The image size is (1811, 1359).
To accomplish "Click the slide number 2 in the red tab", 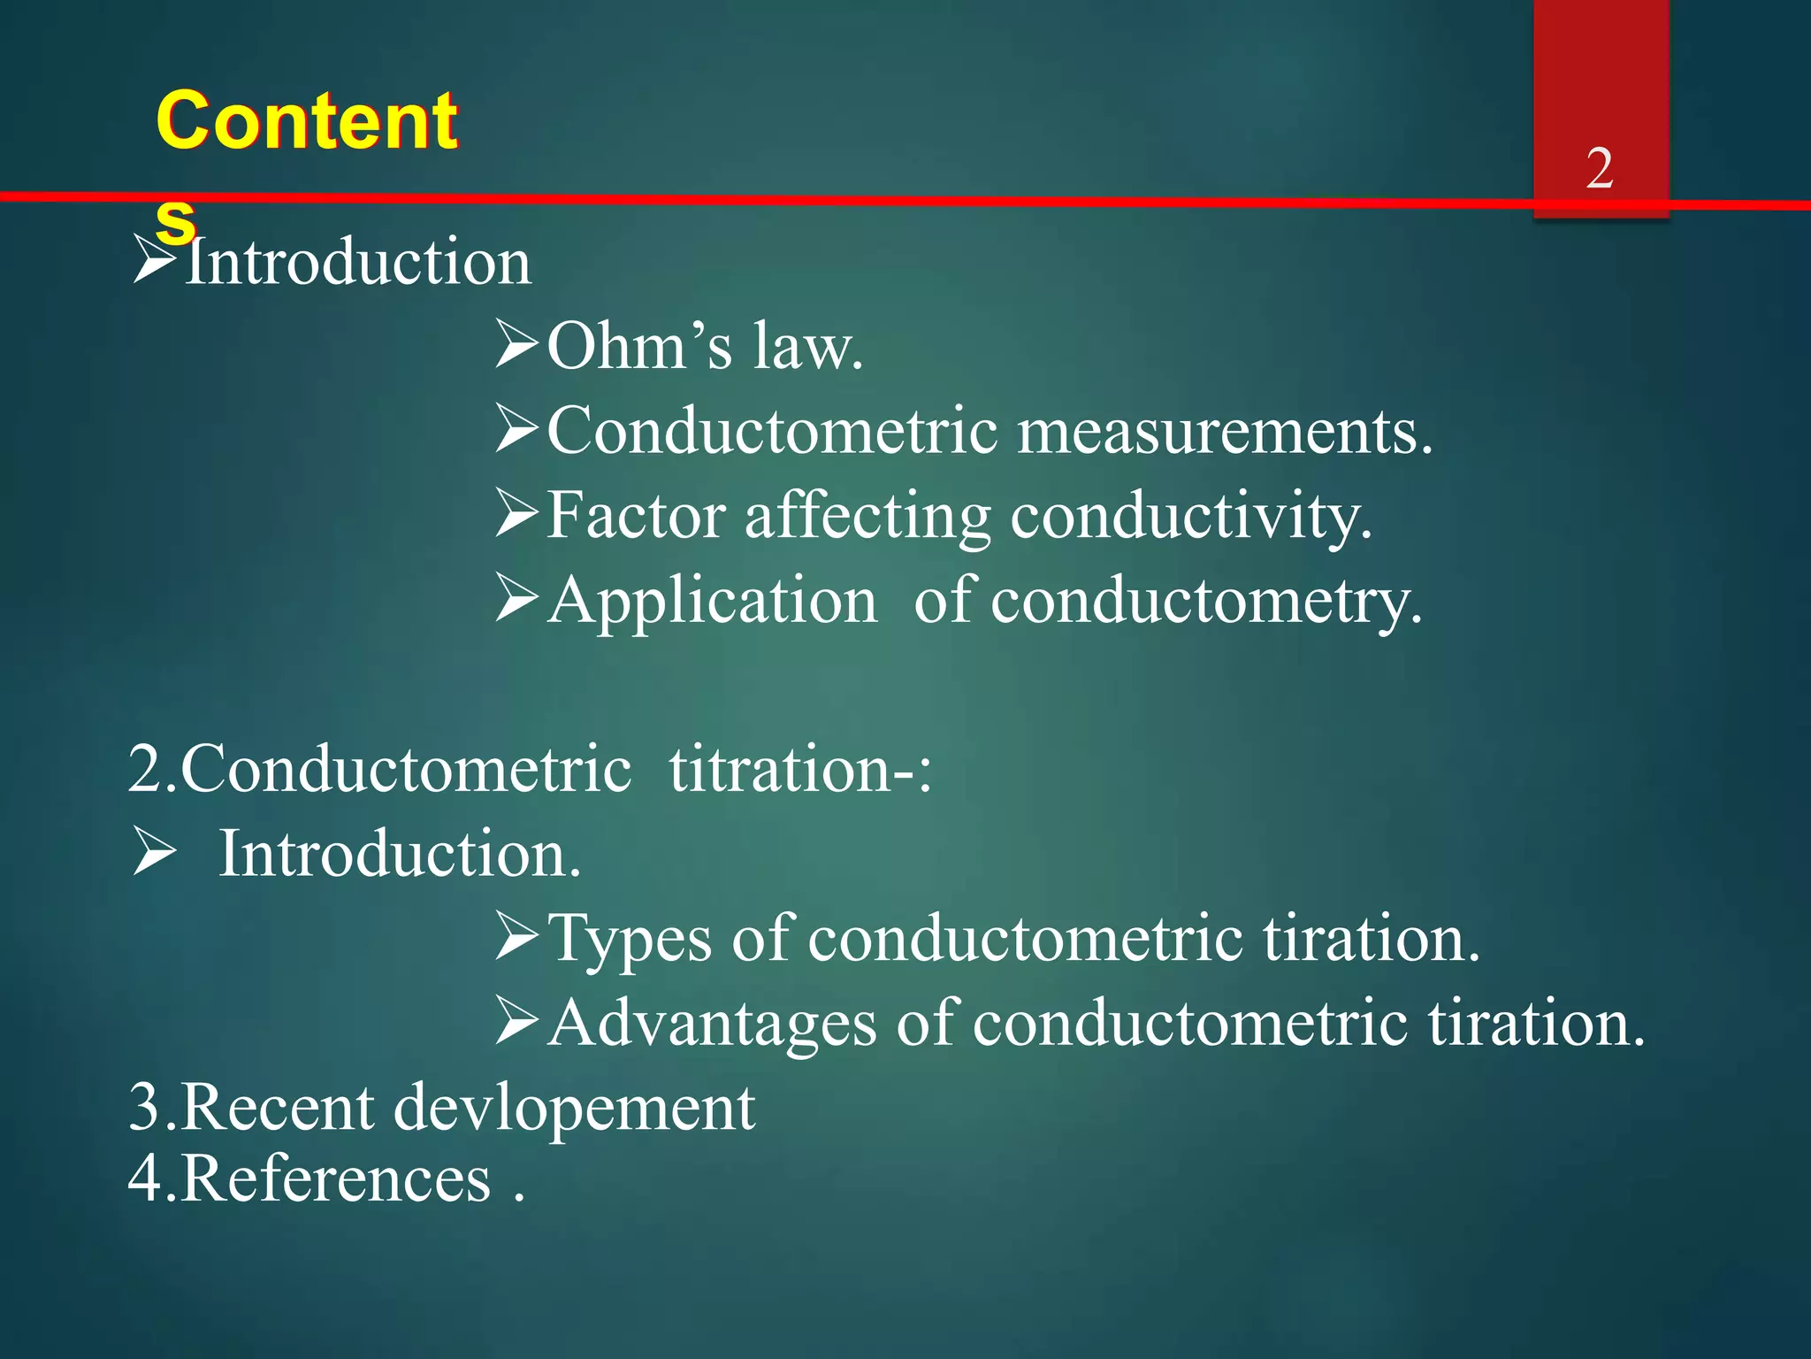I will pyautogui.click(x=1599, y=167).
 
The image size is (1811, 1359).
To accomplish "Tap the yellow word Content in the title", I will pyautogui.click(x=306, y=121).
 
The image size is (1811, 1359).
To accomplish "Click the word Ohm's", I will pyautogui.click(x=639, y=346).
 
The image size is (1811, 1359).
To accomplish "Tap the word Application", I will pyautogui.click(x=712, y=601).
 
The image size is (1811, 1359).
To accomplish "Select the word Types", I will pyautogui.click(x=630, y=940).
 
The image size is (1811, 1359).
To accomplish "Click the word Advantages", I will pyautogui.click(x=712, y=1025).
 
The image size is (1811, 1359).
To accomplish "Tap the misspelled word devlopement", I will pyautogui.click(x=574, y=1109).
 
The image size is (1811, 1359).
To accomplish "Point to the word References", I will pyautogui.click(x=335, y=1179).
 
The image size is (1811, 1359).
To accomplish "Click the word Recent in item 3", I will pyautogui.click(x=278, y=1108).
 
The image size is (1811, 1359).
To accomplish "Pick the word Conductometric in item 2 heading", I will pyautogui.click(x=406, y=769).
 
